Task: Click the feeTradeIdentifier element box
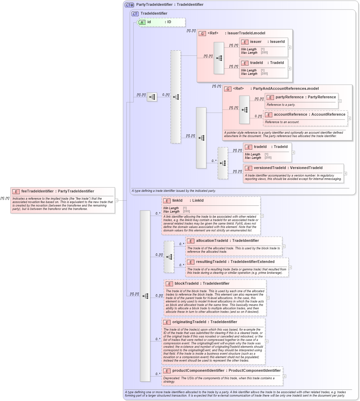(63, 200)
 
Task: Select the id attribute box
(161, 22)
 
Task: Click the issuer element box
(264, 47)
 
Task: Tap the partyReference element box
(301, 101)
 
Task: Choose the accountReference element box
(305, 118)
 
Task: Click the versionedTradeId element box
(293, 173)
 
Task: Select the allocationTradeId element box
(234, 246)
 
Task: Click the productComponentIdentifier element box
(222, 376)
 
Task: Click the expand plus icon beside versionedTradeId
(345, 173)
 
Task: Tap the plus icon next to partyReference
(340, 101)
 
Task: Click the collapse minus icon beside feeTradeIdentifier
(117, 200)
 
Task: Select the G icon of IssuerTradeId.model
(202, 33)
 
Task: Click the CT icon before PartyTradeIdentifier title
(129, 5)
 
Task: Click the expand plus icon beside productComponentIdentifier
(285, 376)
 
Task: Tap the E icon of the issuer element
(244, 42)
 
